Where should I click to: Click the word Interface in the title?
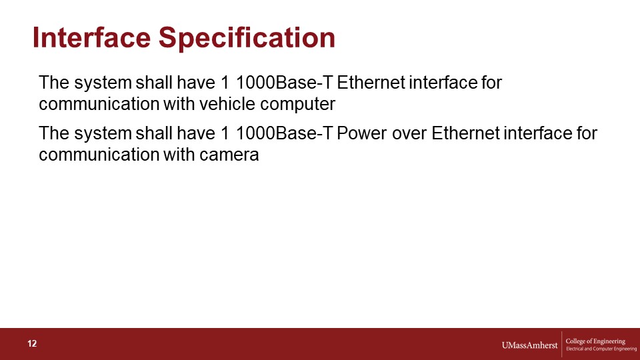91,37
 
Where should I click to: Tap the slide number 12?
32,344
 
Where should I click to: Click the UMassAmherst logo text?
529,345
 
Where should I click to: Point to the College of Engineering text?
595,341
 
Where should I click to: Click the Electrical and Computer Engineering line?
601,349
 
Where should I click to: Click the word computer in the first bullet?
297,105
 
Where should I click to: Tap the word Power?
361,133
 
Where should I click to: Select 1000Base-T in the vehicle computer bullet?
285,83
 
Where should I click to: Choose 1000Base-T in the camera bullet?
285,133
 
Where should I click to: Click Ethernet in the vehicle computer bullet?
371,83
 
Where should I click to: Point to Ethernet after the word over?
465,133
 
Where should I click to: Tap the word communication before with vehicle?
99,104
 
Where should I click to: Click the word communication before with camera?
99,155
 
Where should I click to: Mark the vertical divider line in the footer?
561,344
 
